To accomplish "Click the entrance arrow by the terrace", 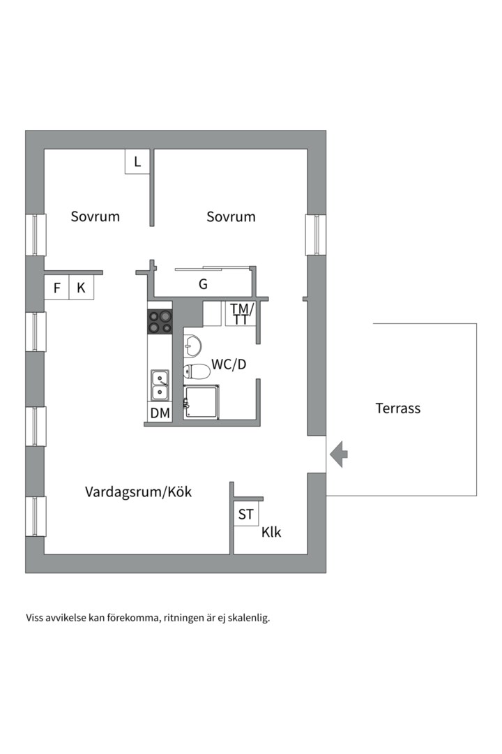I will click(x=340, y=454).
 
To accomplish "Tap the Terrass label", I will click(x=398, y=408).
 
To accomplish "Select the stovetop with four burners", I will click(x=160, y=321).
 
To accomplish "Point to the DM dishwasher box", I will click(x=160, y=413).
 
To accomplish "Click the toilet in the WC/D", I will click(x=196, y=371).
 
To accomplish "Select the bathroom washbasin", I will click(x=192, y=344).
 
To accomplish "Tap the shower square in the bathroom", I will click(x=201, y=403).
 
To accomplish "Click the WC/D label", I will click(x=229, y=364).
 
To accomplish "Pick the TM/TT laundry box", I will click(x=241, y=314).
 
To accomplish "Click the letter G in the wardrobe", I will click(x=203, y=285).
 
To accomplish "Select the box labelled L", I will click(x=137, y=162).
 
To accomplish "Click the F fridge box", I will click(x=56, y=288).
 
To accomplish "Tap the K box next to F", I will click(x=81, y=288).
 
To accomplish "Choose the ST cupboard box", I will click(x=245, y=515).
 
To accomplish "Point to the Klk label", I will click(x=271, y=532).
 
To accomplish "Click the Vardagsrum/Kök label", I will click(x=138, y=492).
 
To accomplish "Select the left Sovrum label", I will click(x=96, y=216).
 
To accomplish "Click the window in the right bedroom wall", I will click(x=316, y=235).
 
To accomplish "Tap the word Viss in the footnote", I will click(x=36, y=618).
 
